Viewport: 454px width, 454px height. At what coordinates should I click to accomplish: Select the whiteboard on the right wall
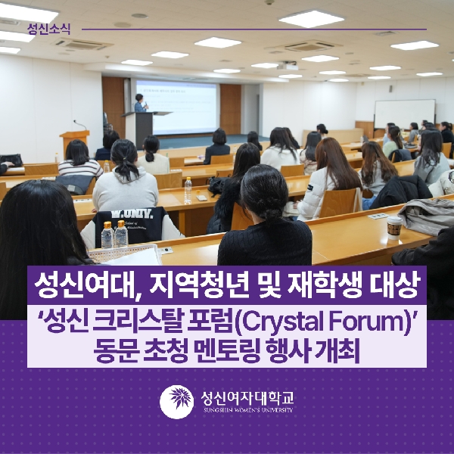(404, 113)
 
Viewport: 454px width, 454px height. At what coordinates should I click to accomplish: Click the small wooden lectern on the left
(74, 141)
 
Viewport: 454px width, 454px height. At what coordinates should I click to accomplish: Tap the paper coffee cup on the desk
(393, 227)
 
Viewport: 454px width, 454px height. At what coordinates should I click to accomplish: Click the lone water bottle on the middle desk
(188, 189)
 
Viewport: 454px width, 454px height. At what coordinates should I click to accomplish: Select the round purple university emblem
(178, 400)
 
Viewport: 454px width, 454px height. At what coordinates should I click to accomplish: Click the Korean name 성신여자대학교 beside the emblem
(246, 396)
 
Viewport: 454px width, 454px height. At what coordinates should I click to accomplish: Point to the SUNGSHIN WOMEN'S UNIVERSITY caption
(247, 410)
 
